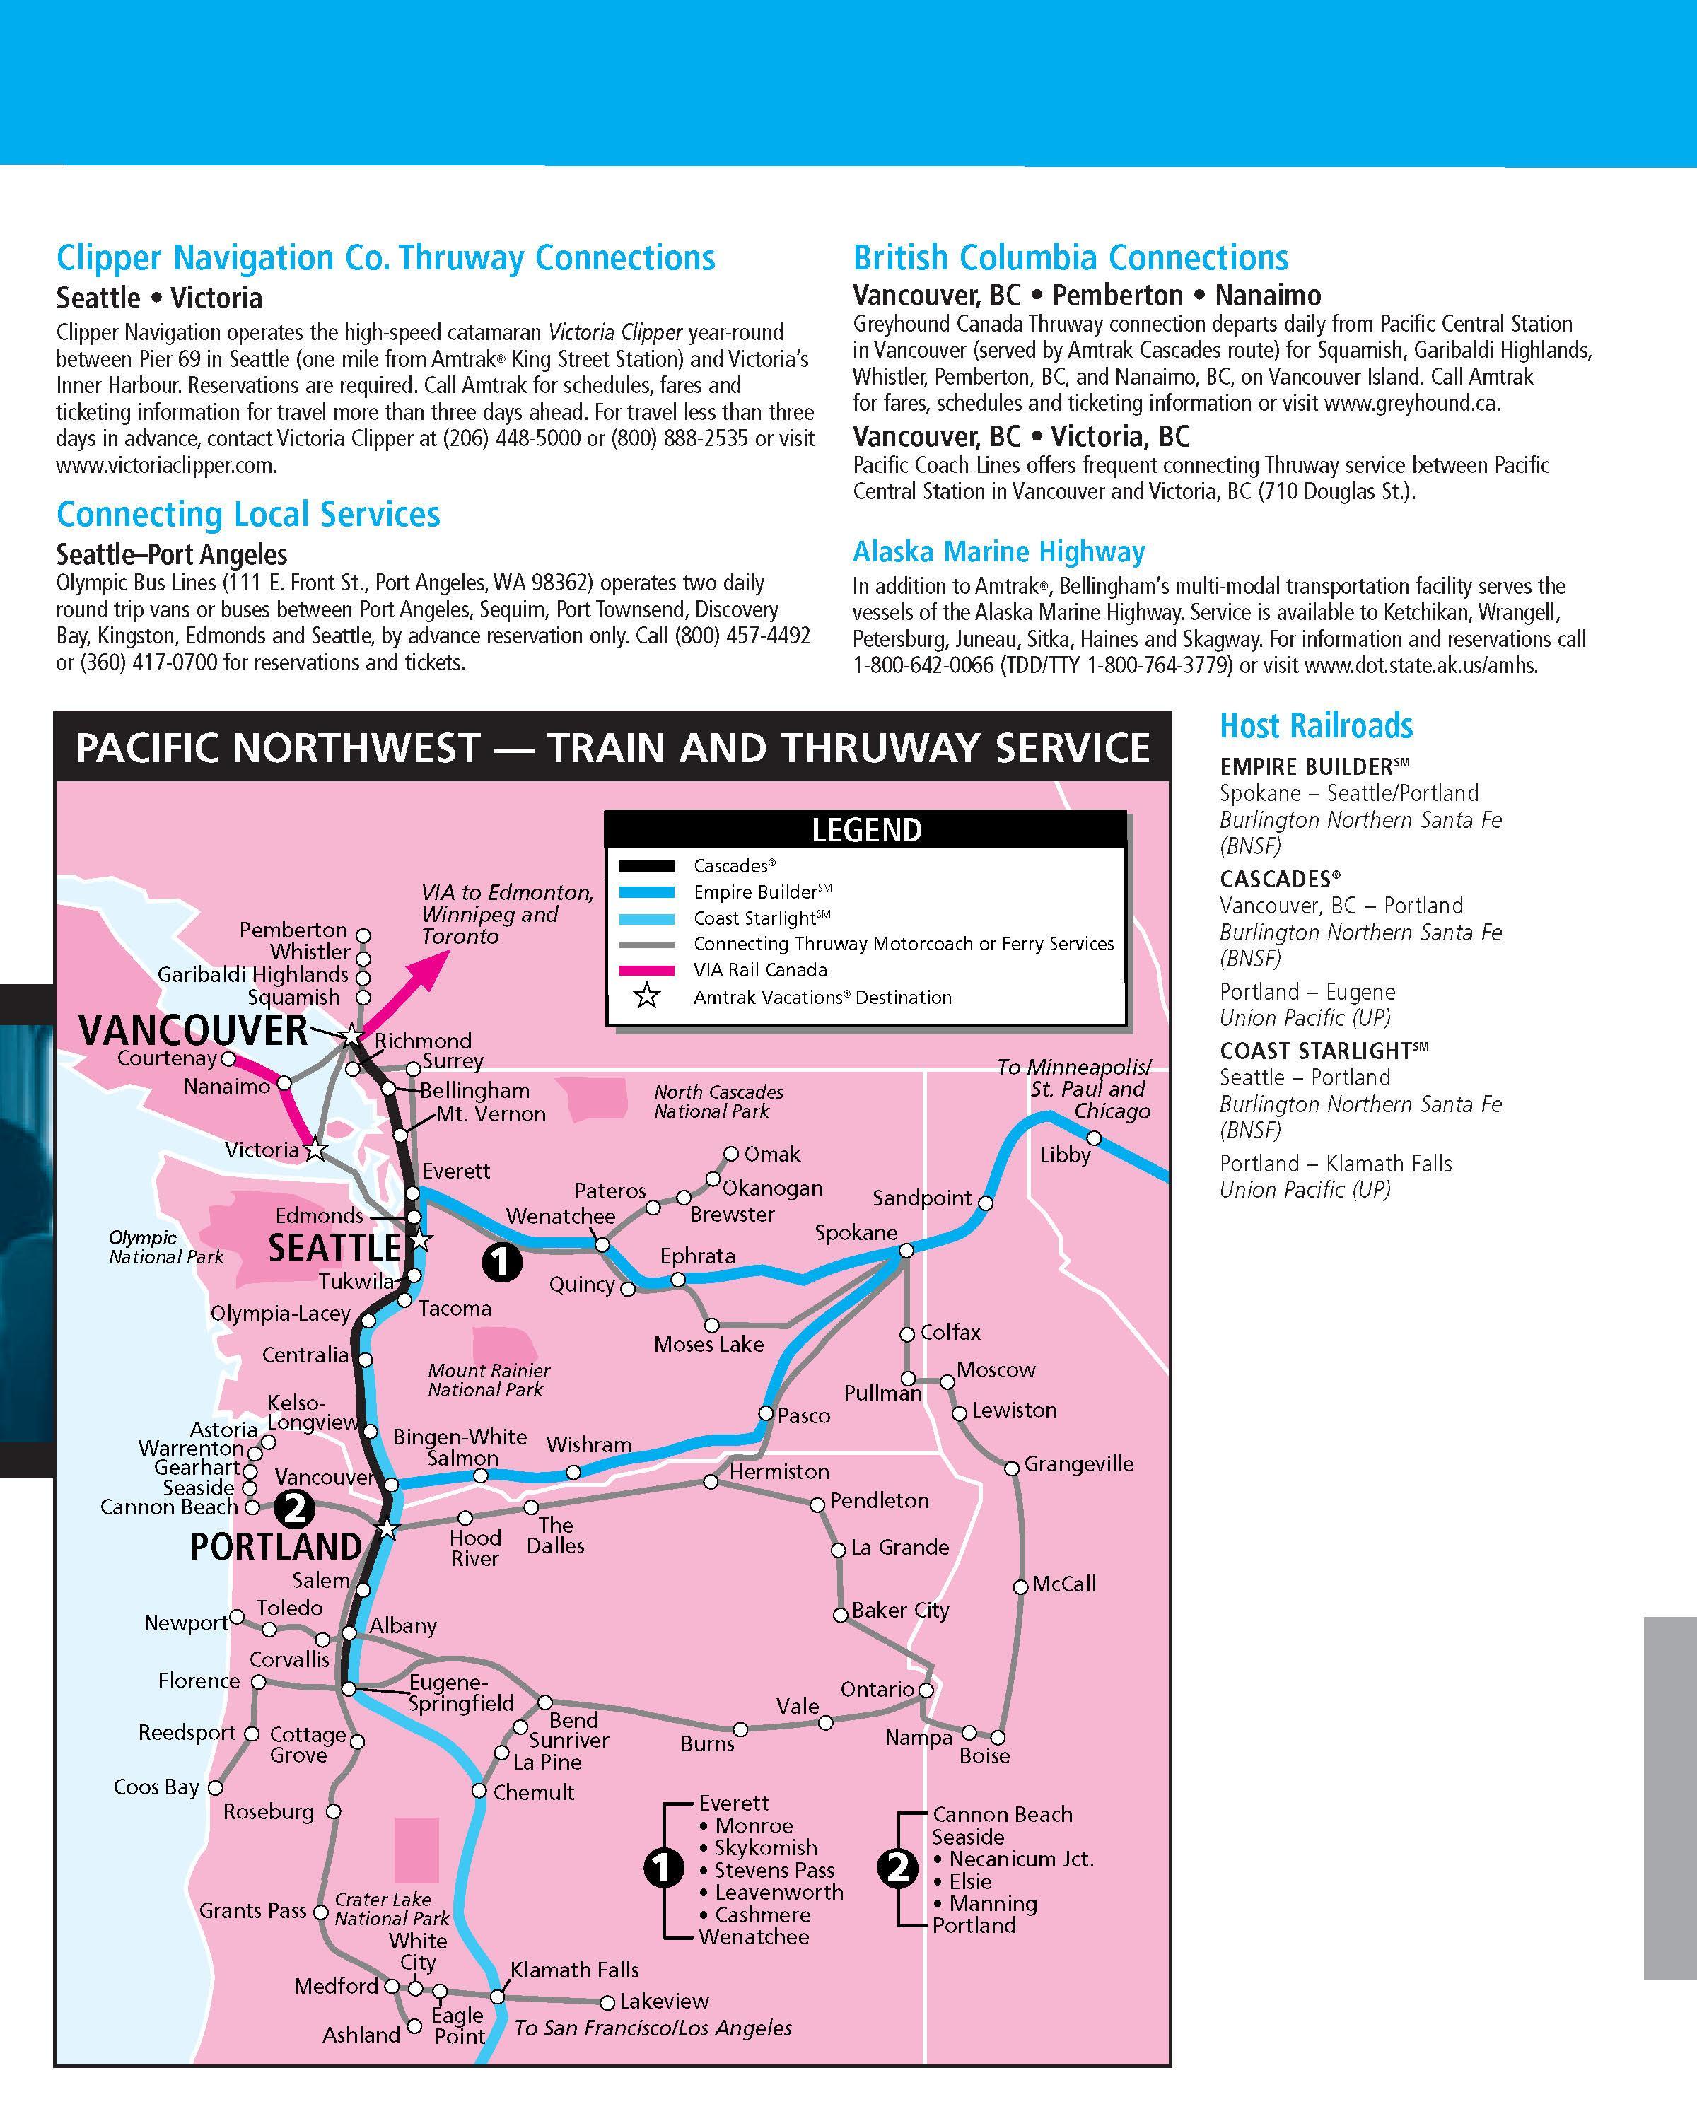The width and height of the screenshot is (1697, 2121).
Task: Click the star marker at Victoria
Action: [x=315, y=1149]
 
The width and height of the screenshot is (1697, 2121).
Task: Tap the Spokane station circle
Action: [x=906, y=1251]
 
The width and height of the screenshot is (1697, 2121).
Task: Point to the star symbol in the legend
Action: [x=646, y=997]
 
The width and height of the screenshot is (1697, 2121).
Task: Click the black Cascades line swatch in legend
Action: [x=646, y=865]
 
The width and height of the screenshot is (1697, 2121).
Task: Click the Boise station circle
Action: [x=998, y=1765]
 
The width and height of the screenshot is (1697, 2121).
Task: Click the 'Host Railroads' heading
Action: [x=1315, y=726]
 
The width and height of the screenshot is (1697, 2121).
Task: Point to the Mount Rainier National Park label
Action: [x=488, y=1379]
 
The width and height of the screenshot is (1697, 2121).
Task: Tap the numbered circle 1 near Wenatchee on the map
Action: [x=501, y=1261]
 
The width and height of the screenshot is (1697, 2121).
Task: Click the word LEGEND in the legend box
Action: [x=865, y=830]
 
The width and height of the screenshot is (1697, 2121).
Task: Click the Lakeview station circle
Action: [x=607, y=2002]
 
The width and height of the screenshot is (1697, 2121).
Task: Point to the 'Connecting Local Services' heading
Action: [x=248, y=515]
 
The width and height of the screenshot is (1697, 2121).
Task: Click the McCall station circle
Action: [x=1020, y=1587]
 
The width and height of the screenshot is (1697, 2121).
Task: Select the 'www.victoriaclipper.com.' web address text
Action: [x=166, y=465]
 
